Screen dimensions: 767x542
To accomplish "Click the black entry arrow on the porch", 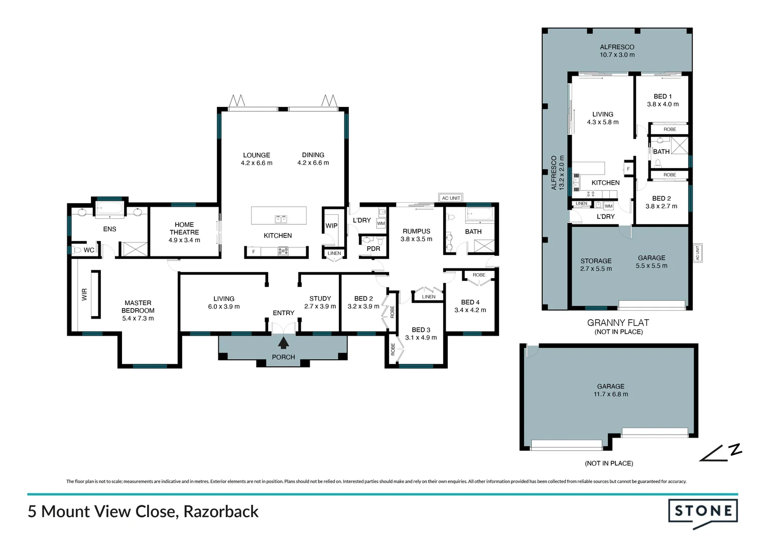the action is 283,343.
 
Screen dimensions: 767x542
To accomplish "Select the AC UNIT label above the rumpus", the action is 451,198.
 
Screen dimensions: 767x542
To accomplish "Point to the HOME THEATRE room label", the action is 184,228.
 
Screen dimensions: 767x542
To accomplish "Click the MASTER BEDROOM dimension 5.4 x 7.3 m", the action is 138,318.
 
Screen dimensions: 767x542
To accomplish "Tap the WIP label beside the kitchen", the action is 331,226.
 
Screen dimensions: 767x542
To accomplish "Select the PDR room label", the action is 373,248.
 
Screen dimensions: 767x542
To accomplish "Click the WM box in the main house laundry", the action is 381,223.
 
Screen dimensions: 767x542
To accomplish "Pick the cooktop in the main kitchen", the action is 283,251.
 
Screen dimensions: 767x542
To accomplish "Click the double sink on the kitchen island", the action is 281,219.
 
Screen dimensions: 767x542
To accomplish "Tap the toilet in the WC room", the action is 76,250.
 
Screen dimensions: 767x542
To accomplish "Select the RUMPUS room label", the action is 416,231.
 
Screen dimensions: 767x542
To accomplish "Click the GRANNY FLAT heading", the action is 618,323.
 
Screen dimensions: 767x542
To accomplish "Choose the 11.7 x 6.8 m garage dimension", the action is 611,394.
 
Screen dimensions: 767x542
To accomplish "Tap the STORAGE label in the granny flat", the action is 596,261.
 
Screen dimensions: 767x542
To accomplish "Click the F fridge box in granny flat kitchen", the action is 628,169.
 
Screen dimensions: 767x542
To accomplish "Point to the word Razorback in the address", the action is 221,511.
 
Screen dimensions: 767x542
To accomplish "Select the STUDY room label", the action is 320,299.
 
